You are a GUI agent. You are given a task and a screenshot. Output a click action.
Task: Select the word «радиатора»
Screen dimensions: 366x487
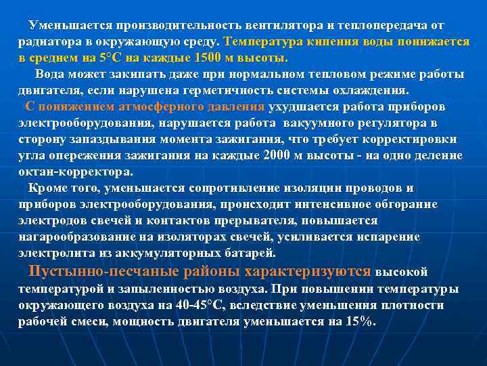(x=47, y=41)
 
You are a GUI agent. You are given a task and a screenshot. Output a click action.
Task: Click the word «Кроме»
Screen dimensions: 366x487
(x=47, y=188)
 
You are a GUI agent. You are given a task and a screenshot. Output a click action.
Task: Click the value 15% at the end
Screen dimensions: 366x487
(x=359, y=322)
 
